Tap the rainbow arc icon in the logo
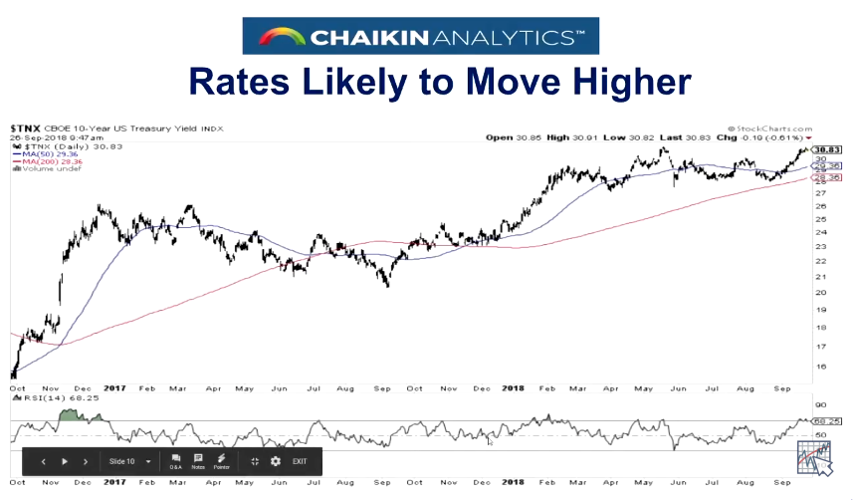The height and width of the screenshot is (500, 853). coord(279,38)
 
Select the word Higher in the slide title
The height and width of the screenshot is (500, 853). coord(617,80)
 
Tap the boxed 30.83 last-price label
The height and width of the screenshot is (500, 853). coord(828,149)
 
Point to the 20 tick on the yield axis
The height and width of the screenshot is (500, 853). coord(820,293)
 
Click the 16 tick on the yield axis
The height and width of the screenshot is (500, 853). coord(820,367)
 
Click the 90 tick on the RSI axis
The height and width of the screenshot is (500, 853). coord(820,405)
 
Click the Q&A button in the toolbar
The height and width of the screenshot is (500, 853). coord(176,461)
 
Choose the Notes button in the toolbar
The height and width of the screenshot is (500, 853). coord(198,461)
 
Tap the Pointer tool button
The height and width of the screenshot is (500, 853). coord(222,461)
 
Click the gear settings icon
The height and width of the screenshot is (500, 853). coord(276,462)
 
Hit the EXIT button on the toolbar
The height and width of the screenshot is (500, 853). coord(300,462)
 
